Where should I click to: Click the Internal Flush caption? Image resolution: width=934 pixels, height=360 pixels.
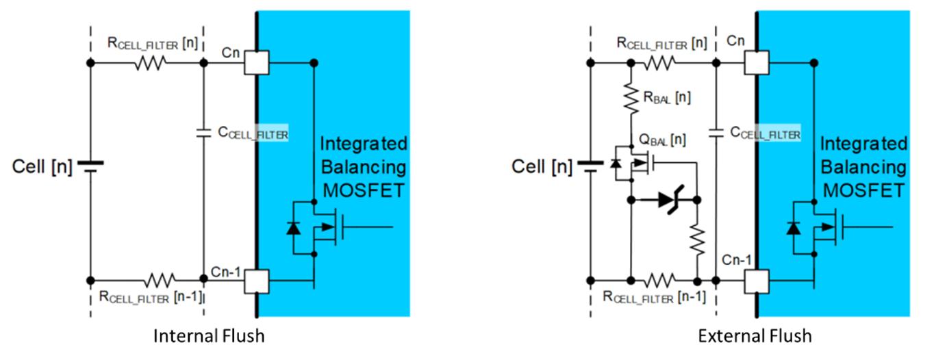pyautogui.click(x=209, y=336)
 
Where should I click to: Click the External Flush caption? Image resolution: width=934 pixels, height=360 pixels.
pyautogui.click(x=755, y=336)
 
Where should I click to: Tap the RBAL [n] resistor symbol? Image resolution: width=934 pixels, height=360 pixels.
pyautogui.click(x=631, y=99)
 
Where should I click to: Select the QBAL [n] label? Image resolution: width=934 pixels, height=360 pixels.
pyautogui.click(x=662, y=140)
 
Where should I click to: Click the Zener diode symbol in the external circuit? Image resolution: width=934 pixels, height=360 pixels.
pyautogui.click(x=670, y=200)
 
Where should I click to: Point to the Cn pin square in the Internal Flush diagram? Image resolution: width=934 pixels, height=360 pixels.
pyautogui.click(x=256, y=63)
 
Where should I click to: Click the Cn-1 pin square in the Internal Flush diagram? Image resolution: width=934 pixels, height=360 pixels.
pyautogui.click(x=256, y=281)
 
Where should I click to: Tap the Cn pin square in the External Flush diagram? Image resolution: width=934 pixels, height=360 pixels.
pyautogui.click(x=757, y=63)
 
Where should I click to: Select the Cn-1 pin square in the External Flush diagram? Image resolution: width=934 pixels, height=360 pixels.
pyautogui.click(x=757, y=281)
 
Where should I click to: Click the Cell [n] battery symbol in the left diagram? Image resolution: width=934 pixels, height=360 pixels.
pyautogui.click(x=90, y=166)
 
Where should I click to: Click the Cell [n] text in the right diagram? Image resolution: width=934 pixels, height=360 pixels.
pyautogui.click(x=541, y=167)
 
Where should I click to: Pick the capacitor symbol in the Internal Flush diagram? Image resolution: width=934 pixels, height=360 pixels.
pyautogui.click(x=203, y=133)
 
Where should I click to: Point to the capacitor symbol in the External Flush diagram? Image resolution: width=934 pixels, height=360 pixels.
pyautogui.click(x=716, y=133)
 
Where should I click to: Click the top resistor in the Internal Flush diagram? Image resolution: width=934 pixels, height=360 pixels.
pyautogui.click(x=150, y=63)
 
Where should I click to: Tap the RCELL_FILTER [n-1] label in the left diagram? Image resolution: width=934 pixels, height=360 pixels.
pyautogui.click(x=151, y=296)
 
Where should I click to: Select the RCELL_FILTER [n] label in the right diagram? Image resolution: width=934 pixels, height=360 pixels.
pyautogui.click(x=661, y=43)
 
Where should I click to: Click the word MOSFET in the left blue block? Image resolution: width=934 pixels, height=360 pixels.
pyautogui.click(x=364, y=190)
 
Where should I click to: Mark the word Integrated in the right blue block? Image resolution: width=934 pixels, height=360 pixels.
pyautogui.click(x=863, y=144)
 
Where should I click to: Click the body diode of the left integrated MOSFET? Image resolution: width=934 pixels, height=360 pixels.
pyautogui.click(x=293, y=228)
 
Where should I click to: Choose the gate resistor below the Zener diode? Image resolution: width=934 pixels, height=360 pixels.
pyautogui.click(x=697, y=240)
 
